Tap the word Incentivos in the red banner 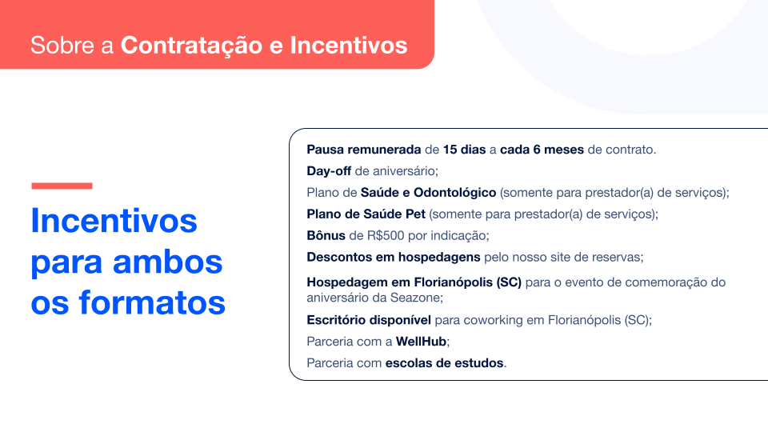(x=348, y=45)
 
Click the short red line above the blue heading (x=62, y=186)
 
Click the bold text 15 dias (x=464, y=150)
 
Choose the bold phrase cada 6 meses (x=542, y=150)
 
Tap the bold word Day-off (x=329, y=171)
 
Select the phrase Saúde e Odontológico (x=430, y=193)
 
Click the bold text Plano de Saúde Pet (x=366, y=214)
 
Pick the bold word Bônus (x=326, y=236)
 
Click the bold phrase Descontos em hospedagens (x=393, y=258)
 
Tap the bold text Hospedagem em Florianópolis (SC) (x=414, y=282)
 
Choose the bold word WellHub (x=422, y=342)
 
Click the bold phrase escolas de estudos (x=445, y=363)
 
